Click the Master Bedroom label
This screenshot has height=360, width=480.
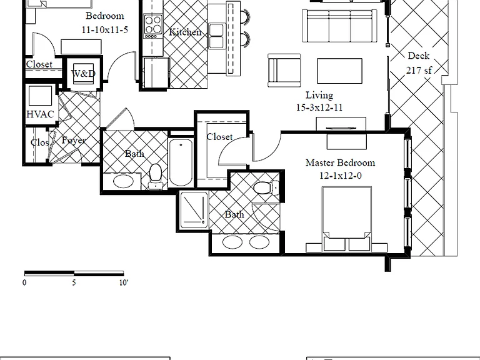340,162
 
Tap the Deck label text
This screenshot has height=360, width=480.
419,56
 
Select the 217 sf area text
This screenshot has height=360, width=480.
419,70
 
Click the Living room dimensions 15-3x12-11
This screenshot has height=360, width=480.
319,107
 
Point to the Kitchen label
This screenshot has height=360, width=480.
185,32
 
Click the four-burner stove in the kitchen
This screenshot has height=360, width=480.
153,26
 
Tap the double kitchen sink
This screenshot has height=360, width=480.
216,36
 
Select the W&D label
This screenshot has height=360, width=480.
83,74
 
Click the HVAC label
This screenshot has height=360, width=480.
40,114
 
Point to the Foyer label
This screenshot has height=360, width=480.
74,140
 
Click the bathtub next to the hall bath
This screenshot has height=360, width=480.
181,162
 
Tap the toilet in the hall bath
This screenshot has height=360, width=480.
155,176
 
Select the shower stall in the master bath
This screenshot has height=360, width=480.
194,210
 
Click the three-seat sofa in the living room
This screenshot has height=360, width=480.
339,26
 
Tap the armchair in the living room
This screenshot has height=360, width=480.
284,71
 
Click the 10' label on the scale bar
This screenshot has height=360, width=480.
124,282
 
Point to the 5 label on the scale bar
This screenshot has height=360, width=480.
74,282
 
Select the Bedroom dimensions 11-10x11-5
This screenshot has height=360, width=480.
105,30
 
